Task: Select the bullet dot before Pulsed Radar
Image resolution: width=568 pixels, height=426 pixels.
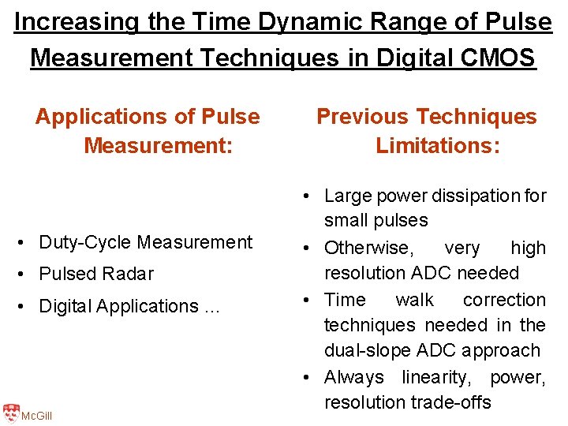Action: click(27, 274)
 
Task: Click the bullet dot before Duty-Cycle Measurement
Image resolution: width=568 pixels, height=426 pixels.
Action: click(27, 242)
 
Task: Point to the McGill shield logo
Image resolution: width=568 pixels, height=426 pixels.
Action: click(10, 413)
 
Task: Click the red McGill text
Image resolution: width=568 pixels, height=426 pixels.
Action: click(36, 416)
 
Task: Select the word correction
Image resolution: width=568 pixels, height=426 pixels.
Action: click(504, 300)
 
